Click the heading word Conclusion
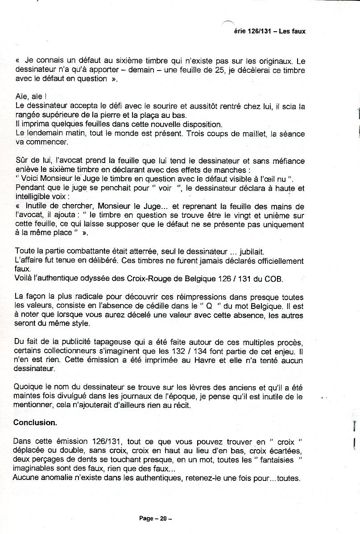[35, 422]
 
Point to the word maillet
[241, 133]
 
